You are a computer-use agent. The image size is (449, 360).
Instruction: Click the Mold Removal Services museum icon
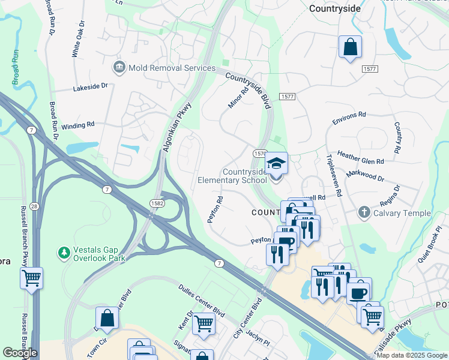118,68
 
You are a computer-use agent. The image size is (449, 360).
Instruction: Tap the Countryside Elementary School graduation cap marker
276,164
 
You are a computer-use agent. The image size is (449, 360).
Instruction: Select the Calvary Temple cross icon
364,213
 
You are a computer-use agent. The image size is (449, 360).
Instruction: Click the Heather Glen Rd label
360,157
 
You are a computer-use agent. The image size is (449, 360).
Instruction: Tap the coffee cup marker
359,293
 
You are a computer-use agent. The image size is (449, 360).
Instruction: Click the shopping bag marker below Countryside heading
349,47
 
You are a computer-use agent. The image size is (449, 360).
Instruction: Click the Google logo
20,353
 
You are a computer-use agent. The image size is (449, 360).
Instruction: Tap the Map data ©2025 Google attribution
412,355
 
